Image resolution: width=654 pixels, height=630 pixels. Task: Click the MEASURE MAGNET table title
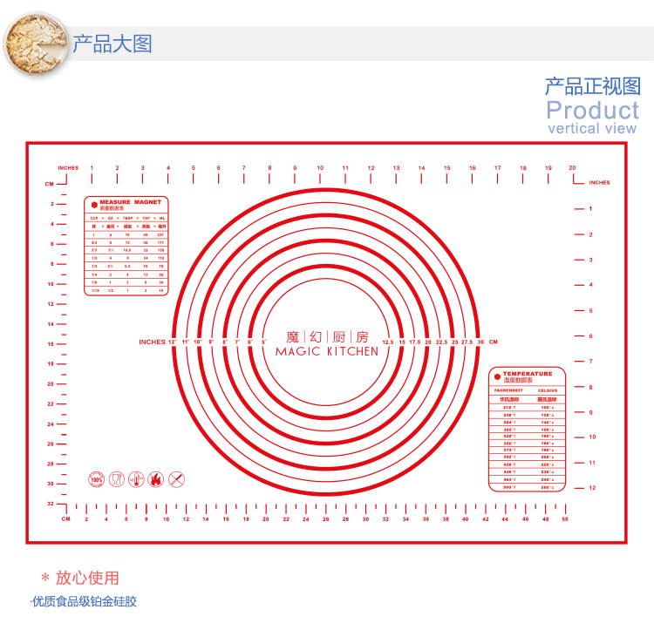[131, 201]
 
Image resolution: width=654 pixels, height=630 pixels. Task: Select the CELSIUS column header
[548, 390]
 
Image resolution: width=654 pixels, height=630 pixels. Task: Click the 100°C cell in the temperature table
[548, 407]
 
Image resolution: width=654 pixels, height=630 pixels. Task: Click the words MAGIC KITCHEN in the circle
[326, 352]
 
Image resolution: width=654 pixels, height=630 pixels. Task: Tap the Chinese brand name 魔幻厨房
[326, 336]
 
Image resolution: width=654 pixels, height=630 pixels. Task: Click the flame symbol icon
[156, 479]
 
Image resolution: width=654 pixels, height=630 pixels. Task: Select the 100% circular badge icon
[96, 479]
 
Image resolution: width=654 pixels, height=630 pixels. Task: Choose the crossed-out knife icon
[177, 479]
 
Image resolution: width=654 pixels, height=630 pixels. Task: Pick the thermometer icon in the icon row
[136, 479]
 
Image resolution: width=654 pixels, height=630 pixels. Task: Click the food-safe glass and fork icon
[116, 479]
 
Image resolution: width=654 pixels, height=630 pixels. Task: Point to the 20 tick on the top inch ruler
[572, 168]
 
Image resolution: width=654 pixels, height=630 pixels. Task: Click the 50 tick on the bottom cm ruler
[564, 519]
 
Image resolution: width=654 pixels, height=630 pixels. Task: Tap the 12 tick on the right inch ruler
[591, 488]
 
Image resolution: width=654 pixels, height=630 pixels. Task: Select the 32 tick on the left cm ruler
[51, 504]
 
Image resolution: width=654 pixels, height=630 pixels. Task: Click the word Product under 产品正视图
[593, 111]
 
